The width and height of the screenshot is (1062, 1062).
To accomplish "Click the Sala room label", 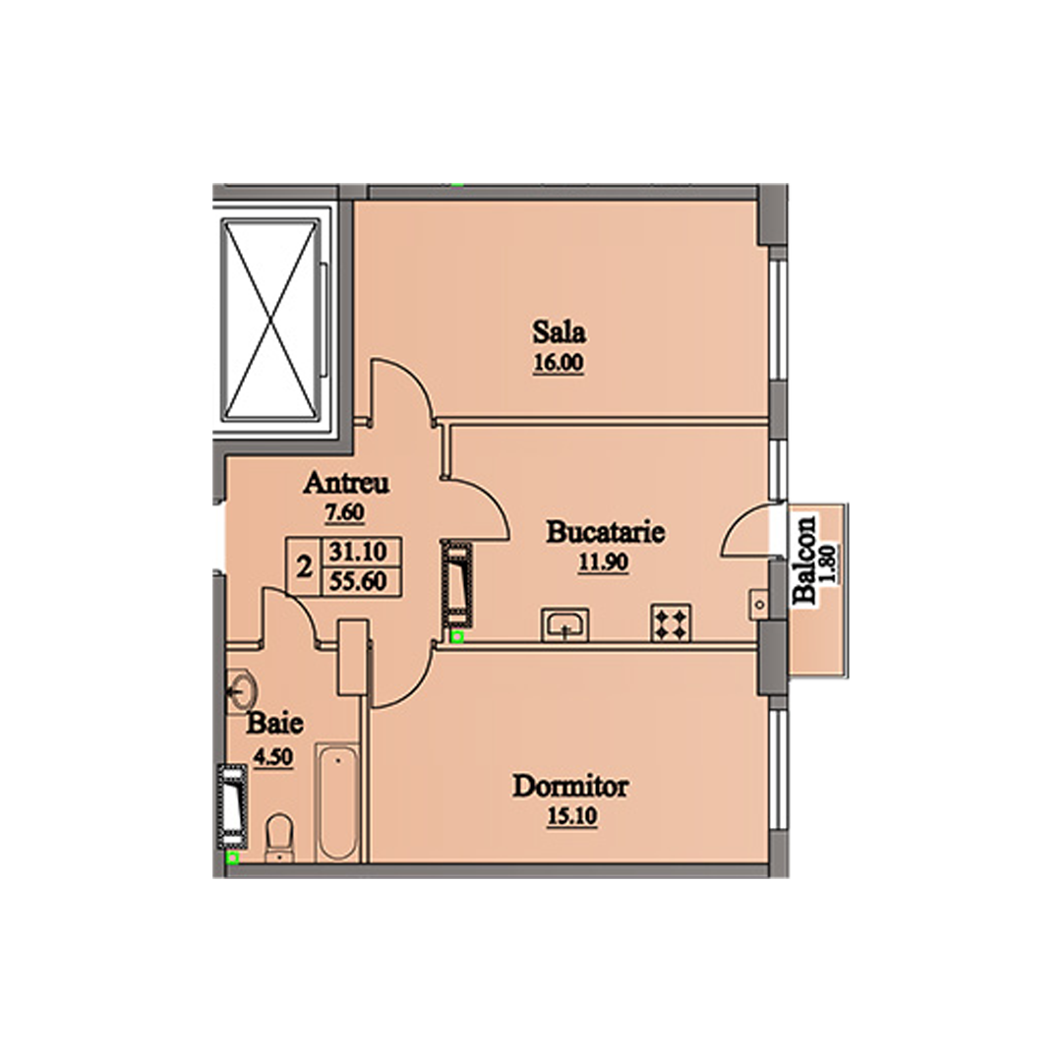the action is [559, 332].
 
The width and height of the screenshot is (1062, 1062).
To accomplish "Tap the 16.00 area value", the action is [559, 363].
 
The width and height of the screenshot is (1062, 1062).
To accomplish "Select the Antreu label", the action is [346, 483].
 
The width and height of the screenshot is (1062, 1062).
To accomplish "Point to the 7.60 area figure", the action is [345, 512].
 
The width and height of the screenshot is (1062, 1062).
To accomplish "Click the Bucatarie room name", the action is [605, 532].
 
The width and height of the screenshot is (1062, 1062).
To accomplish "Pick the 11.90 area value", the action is [603, 562].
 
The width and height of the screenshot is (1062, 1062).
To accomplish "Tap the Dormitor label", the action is [570, 787].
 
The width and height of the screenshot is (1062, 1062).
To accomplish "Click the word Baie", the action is [274, 724].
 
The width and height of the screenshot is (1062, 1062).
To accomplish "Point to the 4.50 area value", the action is [273, 756].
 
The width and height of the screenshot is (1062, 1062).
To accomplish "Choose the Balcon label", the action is [804, 560].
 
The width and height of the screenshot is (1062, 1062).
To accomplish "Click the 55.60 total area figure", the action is [358, 581].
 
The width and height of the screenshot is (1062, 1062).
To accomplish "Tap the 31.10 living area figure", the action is [358, 552].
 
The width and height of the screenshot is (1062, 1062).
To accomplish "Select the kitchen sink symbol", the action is [564, 624].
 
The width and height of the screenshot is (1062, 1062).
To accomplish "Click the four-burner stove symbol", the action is [671, 622].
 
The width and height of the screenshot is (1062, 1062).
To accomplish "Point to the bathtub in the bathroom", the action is [337, 802].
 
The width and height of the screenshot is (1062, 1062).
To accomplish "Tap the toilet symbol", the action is [278, 839].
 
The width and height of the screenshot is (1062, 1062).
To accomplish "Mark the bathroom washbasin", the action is [241, 691].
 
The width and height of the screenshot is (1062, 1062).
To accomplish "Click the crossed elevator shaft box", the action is [271, 320].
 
